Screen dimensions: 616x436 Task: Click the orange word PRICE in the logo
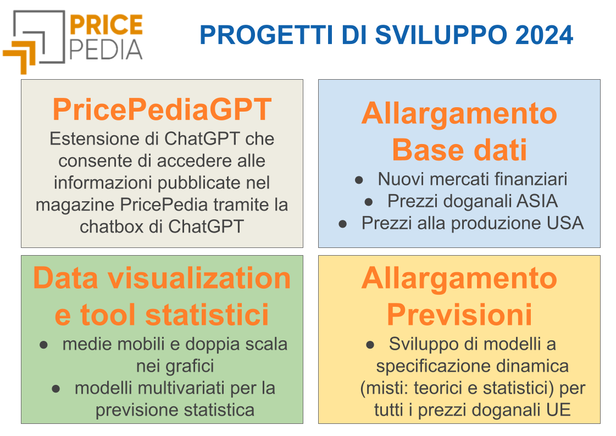(106, 25)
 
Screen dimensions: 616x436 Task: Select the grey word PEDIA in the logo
(106, 49)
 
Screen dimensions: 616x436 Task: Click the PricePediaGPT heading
(162, 110)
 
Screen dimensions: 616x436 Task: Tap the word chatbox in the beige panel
(112, 227)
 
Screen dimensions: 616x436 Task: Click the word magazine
(75, 206)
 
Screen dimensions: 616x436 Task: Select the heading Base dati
(459, 150)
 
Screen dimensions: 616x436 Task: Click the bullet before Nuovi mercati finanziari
(359, 180)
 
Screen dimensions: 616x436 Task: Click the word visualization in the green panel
(199, 278)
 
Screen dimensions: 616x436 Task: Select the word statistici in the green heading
(207, 314)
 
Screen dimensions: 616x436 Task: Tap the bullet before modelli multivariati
(56, 389)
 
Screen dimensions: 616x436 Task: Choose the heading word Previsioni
(459, 314)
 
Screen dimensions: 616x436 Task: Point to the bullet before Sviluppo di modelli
(370, 345)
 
